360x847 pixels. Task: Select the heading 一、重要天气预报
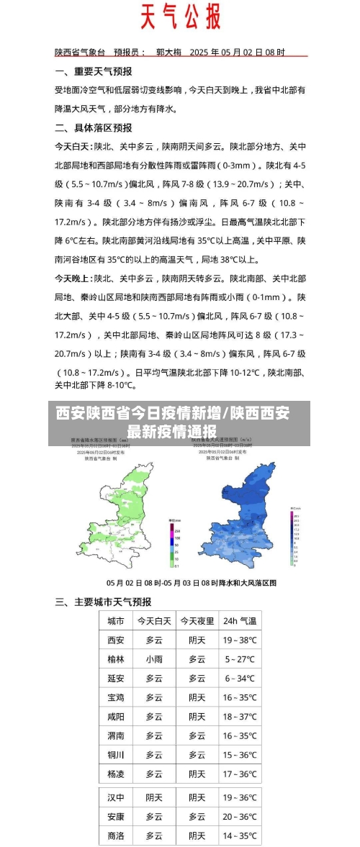coord(94,72)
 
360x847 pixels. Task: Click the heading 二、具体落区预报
coord(94,127)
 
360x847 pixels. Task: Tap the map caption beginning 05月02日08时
coord(192,583)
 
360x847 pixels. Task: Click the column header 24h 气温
coord(239,620)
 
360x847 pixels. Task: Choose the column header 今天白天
coord(154,620)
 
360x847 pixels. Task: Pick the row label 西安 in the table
coord(116,640)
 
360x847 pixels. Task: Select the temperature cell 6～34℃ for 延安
coord(239,678)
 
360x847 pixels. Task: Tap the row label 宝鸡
coord(116,697)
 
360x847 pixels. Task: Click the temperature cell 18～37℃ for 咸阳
coord(239,717)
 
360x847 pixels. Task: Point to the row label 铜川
coord(116,755)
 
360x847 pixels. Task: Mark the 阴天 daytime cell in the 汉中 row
coord(154,797)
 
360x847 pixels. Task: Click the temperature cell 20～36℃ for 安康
coord(239,817)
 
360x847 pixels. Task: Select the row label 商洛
coord(116,835)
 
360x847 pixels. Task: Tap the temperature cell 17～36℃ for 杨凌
coord(239,774)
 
